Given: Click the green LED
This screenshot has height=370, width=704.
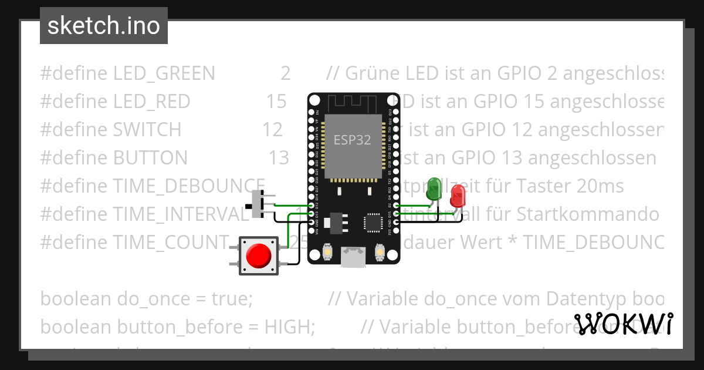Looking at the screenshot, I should [435, 187].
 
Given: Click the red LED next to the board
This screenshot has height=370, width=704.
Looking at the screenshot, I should [457, 194].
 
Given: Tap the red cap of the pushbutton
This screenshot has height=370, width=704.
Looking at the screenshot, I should [258, 255].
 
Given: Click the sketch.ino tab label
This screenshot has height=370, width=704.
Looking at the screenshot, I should [104, 26].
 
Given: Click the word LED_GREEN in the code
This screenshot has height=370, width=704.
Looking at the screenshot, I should [164, 73].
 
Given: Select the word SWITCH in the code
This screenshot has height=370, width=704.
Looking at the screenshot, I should [147, 130].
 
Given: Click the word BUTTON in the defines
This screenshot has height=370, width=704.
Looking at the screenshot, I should [150, 158].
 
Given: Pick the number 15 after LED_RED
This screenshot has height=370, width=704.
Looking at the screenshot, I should [276, 102].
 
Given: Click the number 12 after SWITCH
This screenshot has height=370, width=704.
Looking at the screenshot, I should [272, 130].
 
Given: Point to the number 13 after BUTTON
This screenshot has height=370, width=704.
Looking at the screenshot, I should [279, 158].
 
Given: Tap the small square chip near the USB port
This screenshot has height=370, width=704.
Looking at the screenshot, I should [373, 223].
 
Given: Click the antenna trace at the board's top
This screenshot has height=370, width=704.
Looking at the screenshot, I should [353, 105].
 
